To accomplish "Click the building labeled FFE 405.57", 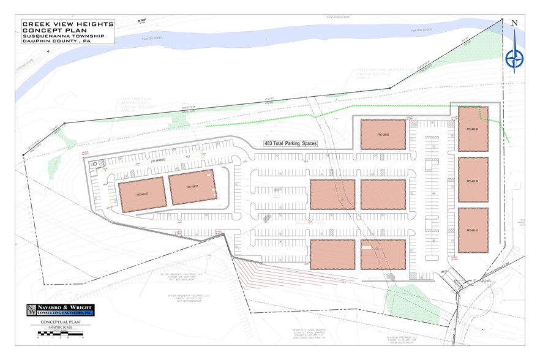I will [141, 195].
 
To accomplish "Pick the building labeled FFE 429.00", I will [473, 129].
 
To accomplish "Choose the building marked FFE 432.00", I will [473, 179].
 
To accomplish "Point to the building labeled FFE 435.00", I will [473, 230].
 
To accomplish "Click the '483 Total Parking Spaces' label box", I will [291, 143].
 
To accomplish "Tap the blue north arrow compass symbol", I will [514, 59].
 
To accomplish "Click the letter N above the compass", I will [514, 23].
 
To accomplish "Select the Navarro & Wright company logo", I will [60, 310].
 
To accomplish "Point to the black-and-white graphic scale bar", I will [60, 334].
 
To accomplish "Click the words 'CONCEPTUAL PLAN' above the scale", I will [60, 322].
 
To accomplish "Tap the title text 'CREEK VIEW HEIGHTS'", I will [67, 23].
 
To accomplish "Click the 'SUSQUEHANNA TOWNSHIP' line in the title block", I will [61, 36].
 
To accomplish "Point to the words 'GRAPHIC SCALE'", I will [60, 328].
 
